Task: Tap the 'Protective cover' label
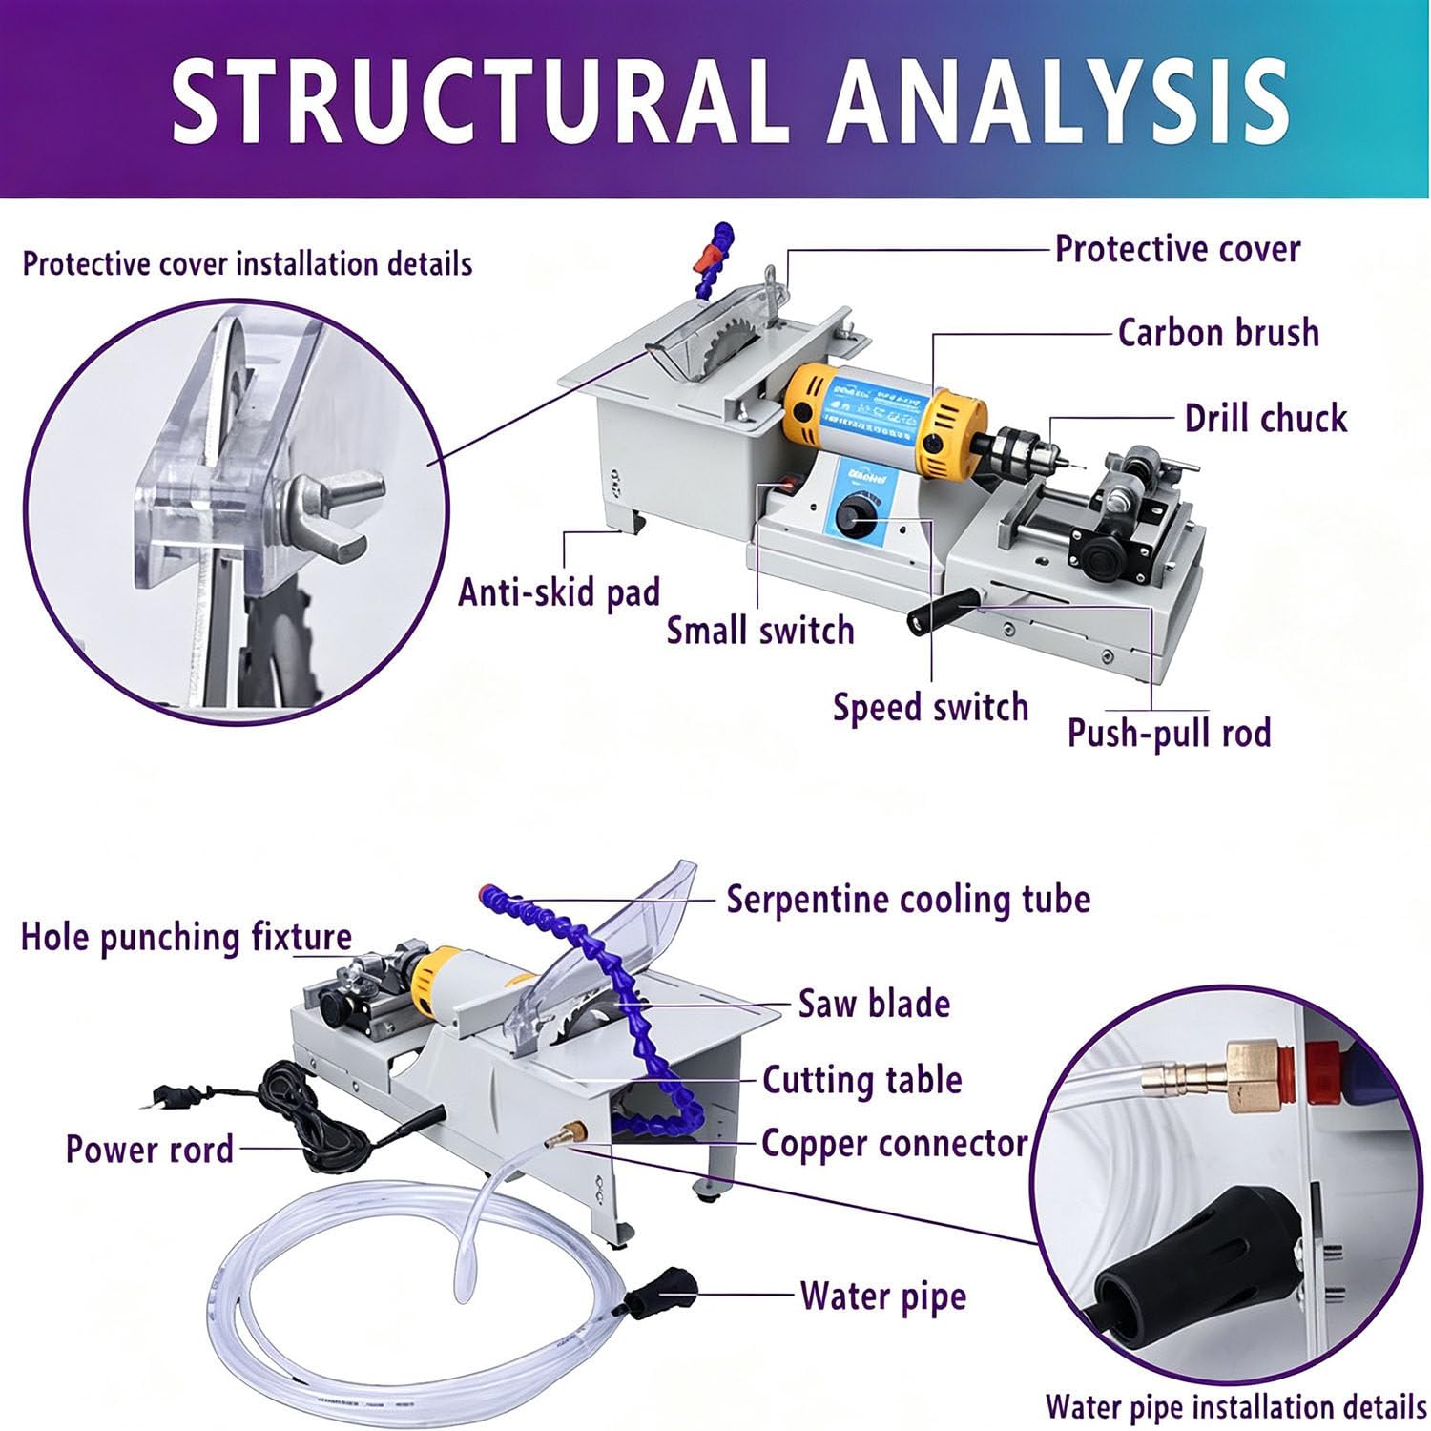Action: pos(1177,249)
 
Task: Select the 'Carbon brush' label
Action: pos(1218,333)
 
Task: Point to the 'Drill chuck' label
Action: pos(1265,418)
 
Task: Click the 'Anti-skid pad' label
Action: pos(559,592)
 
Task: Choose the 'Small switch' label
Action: pos(759,631)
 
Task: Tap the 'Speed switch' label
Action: pos(930,707)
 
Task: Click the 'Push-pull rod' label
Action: pos(1169,733)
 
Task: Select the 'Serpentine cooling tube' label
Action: pos(908,899)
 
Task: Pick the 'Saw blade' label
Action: pos(874,1004)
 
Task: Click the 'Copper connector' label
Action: pos(894,1143)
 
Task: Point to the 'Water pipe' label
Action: pos(883,1296)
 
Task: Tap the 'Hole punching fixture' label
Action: pos(186,937)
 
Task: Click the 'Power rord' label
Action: pos(149,1149)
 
